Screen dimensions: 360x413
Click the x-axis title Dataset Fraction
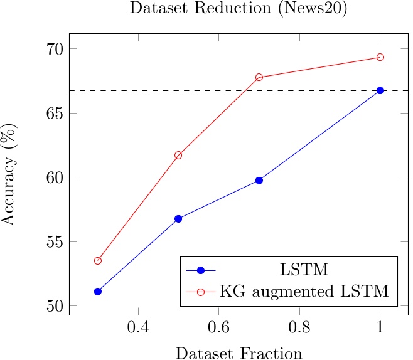[239, 353]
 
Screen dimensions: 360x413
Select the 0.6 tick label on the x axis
[218, 327]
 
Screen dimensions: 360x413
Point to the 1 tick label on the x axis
[380, 327]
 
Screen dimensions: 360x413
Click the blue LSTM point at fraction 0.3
[98, 292]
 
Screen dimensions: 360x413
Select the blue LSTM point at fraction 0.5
[178, 219]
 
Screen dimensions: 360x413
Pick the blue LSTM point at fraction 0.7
[259, 181]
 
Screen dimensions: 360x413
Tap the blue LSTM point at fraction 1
[380, 90]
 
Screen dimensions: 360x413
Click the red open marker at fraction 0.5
[178, 155]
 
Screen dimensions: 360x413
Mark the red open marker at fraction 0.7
[259, 77]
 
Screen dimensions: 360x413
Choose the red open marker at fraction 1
[380, 57]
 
